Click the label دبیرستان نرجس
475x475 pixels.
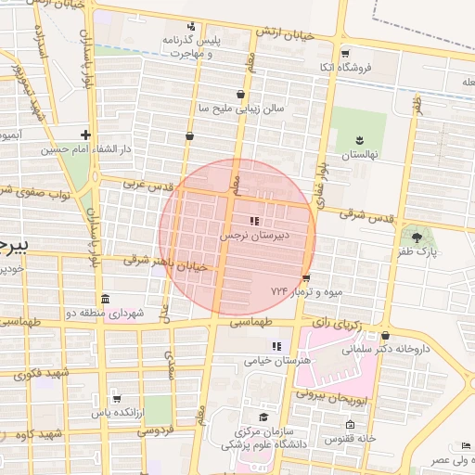point(255,236)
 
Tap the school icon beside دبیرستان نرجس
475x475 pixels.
point(253,221)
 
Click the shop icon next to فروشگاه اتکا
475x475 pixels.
point(344,53)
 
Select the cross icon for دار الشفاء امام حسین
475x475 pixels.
point(85,135)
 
